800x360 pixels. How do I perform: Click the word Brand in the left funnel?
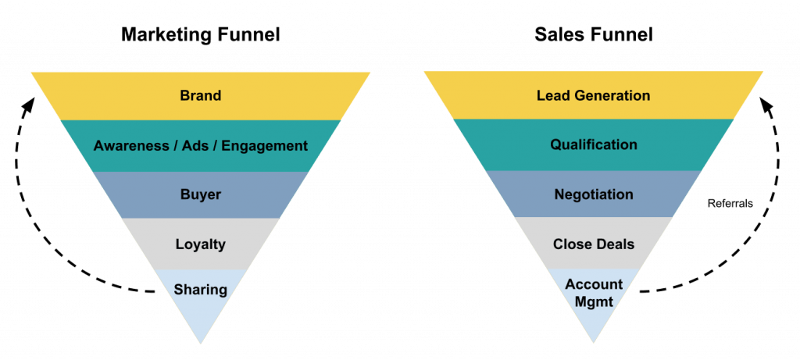(x=200, y=96)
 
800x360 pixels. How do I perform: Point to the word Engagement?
(x=266, y=146)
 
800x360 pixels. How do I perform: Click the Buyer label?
(x=200, y=194)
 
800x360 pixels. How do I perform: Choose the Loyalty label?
(x=200, y=244)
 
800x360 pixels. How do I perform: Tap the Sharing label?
(x=200, y=290)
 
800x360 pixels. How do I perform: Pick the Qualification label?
(x=594, y=144)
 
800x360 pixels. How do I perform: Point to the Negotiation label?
(x=594, y=194)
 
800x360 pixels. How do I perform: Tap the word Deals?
(x=615, y=244)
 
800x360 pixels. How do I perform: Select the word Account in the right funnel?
(x=594, y=283)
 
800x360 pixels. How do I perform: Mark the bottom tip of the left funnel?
(x=201, y=343)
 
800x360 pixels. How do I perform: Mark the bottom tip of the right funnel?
(x=594, y=343)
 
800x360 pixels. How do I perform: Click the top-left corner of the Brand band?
(x=31, y=73)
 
